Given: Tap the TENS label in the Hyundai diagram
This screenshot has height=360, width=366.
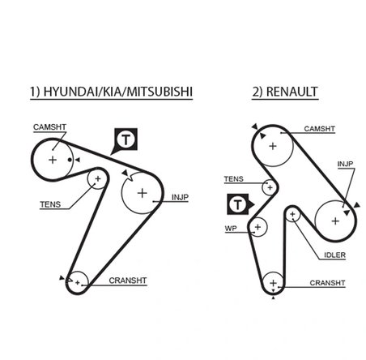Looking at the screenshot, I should tap(50, 205).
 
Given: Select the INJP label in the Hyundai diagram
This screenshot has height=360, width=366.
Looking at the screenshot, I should tap(181, 196).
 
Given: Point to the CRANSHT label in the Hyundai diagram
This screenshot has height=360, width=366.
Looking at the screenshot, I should tap(127, 281).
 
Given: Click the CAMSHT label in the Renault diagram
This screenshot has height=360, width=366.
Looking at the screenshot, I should tap(320, 128).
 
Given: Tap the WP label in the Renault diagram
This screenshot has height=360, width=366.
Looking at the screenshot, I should tap(231, 229).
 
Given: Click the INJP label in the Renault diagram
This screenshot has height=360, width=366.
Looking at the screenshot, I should tap(346, 165).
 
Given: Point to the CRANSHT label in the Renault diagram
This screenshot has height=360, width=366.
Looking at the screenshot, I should tap(329, 283).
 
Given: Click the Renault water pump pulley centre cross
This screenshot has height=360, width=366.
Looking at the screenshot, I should tap(257, 226).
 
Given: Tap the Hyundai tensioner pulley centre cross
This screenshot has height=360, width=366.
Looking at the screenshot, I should tap(98, 178).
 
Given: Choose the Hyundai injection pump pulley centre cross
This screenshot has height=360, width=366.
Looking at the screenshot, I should tap(143, 193).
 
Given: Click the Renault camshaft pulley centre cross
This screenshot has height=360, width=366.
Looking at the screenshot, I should tap(273, 146).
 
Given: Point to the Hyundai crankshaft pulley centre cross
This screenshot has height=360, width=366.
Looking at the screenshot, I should tap(78, 281).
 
